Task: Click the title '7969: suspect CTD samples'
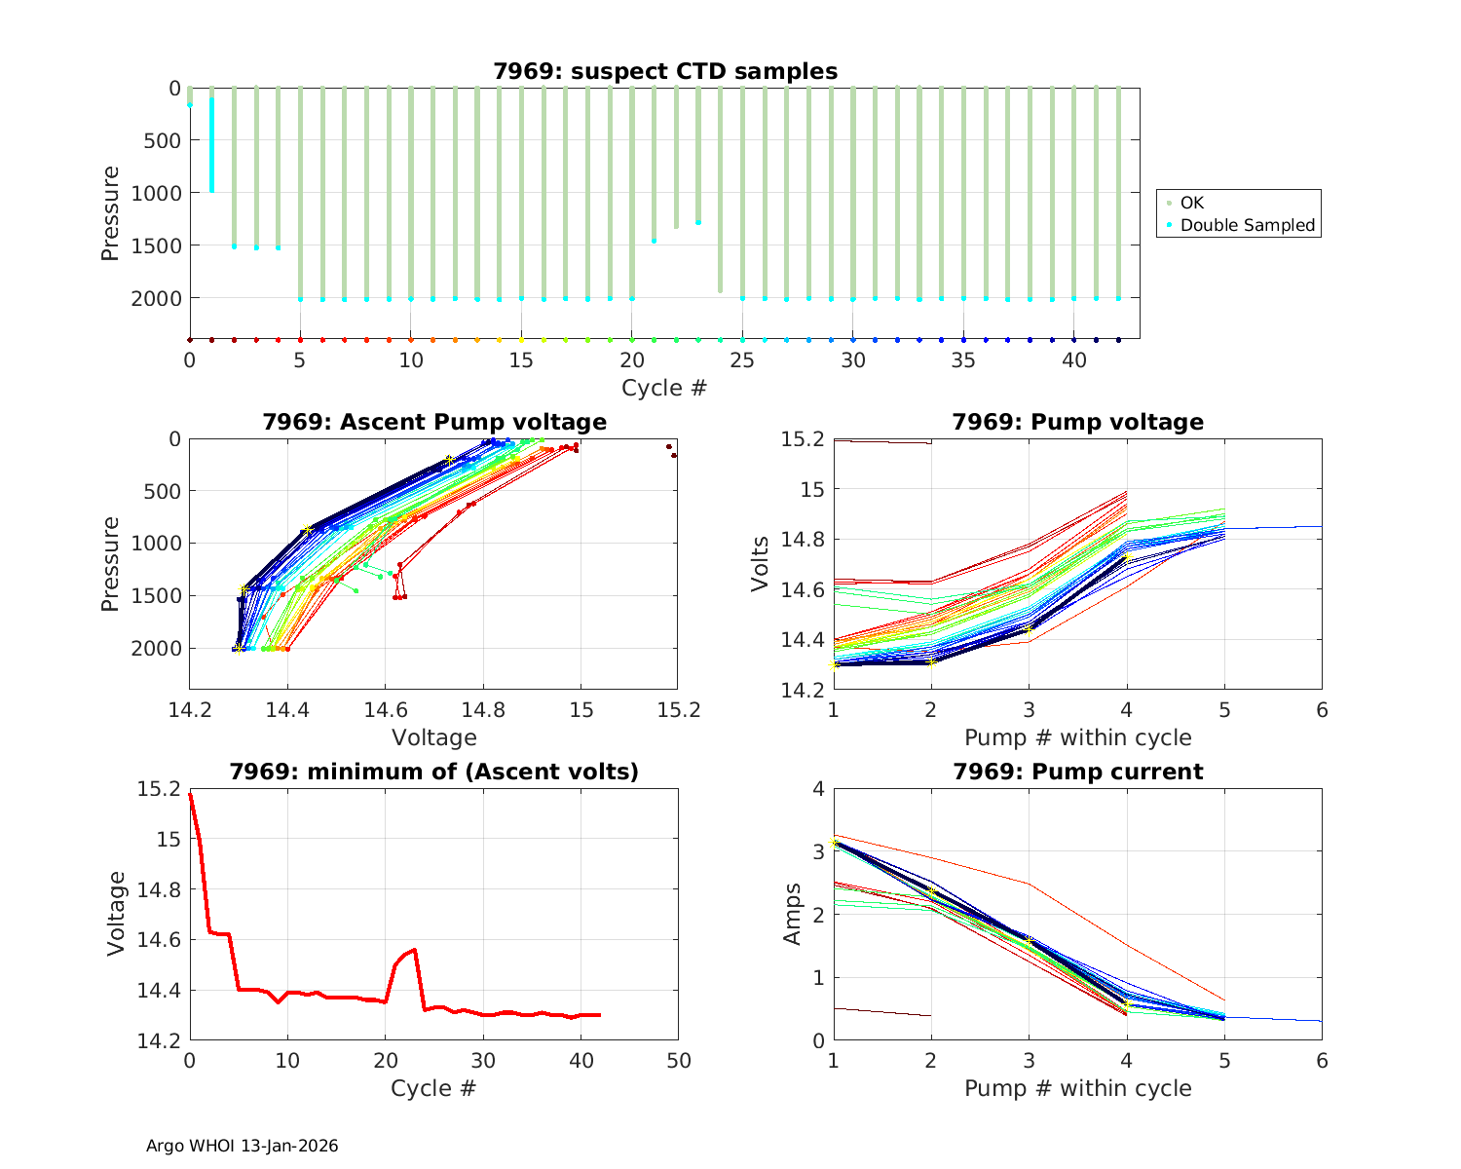[664, 71]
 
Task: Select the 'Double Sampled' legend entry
[1247, 225]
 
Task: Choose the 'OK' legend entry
[1191, 203]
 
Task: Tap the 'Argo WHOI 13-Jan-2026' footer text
[242, 1146]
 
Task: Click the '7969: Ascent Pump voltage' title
[433, 422]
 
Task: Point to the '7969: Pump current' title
[1077, 772]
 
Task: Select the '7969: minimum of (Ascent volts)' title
[433, 772]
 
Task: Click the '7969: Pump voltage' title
[1077, 422]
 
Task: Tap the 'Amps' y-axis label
[793, 914]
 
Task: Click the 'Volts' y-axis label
[760, 564]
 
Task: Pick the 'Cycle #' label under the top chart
[664, 388]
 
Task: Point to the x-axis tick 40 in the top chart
[1073, 360]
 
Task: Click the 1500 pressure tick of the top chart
[156, 245]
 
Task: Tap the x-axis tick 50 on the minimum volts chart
[678, 1060]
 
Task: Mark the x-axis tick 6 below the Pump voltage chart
[1322, 710]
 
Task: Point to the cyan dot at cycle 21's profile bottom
[654, 240]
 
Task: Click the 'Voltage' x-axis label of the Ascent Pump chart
[433, 737]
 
